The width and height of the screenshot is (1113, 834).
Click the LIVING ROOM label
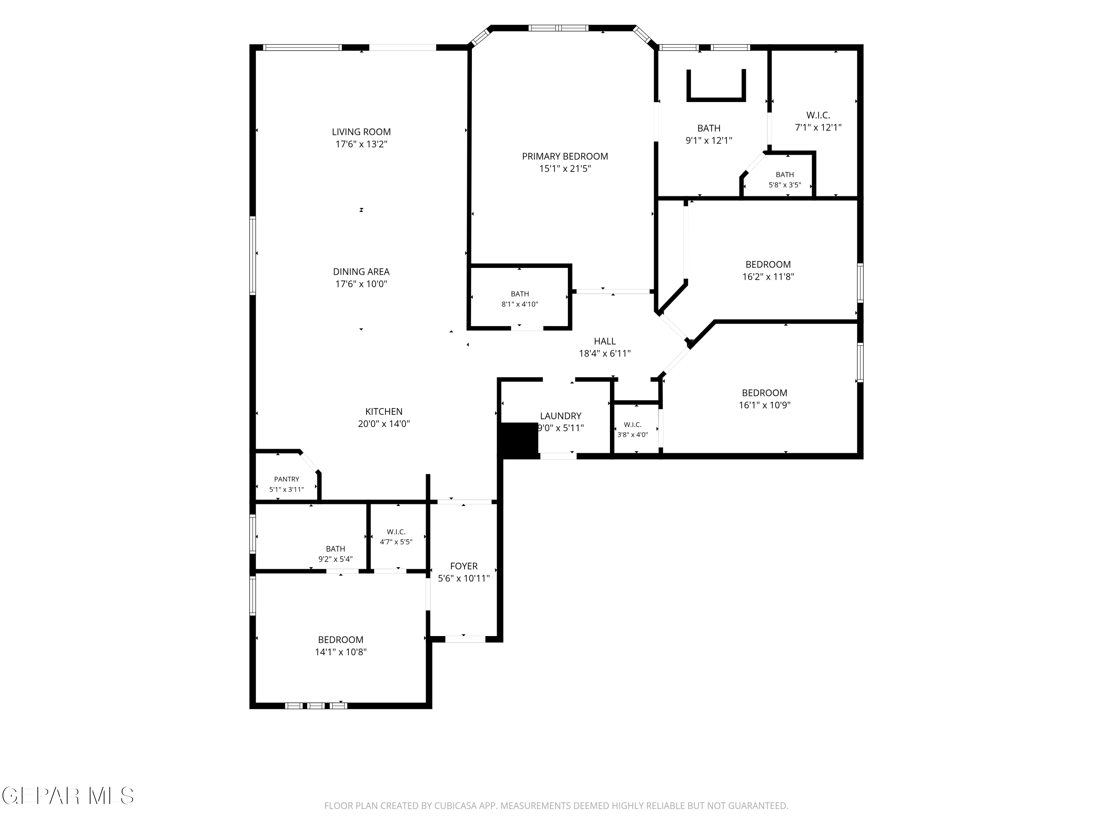[361, 132]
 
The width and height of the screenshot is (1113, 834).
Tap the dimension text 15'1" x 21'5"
[565, 168]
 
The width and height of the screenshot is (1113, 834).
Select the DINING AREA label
[361, 271]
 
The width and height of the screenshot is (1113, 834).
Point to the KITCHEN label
[384, 411]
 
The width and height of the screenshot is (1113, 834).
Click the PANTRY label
[287, 479]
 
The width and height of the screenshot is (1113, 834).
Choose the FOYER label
[464, 566]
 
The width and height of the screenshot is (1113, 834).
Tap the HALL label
[605, 341]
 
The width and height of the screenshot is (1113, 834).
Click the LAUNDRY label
[561, 416]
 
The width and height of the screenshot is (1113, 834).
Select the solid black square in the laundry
[518, 440]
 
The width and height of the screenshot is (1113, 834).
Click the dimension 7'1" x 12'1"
[818, 127]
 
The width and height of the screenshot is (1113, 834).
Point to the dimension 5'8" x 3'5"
[785, 185]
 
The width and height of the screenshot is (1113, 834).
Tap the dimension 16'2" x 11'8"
[768, 276]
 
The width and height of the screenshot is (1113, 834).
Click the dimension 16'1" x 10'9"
[765, 405]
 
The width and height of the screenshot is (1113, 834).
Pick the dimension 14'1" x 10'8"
[341, 652]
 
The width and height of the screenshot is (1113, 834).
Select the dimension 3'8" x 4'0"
[633, 434]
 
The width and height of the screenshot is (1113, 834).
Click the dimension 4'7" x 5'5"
[396, 542]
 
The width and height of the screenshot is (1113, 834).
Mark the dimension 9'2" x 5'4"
[336, 559]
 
